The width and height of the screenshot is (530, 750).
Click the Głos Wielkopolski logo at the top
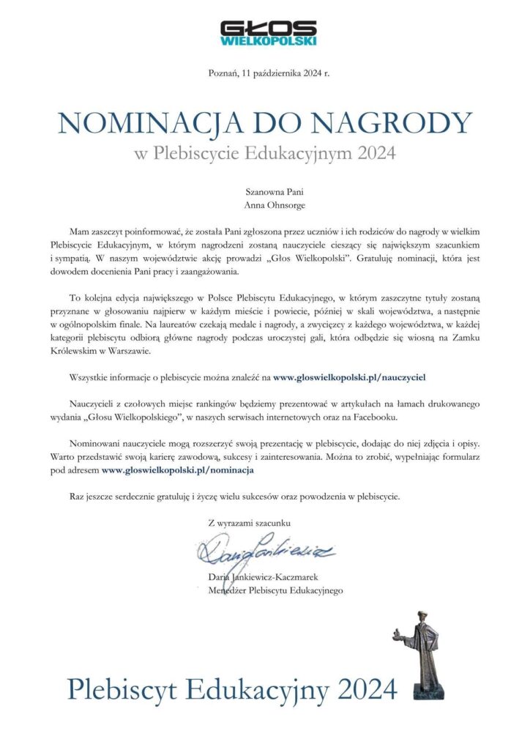coord(268,33)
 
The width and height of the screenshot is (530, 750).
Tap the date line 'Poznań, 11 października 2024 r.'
coord(264,73)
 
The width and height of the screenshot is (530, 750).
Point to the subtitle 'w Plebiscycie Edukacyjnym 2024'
coord(265,154)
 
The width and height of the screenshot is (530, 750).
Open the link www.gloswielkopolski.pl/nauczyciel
coord(349,376)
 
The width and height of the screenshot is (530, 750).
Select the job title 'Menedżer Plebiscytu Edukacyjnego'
coord(275,590)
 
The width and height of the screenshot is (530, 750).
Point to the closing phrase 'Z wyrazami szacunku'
coord(250,522)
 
